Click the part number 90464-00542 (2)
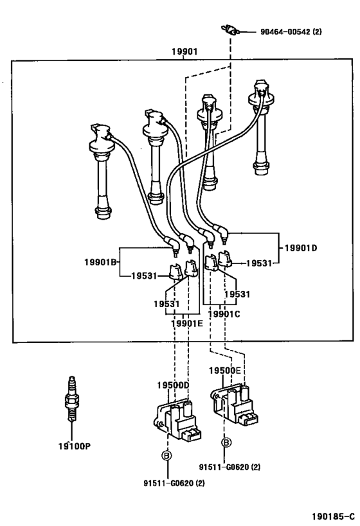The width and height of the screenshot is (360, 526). click(x=291, y=32)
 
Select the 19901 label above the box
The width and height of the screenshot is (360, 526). click(x=184, y=51)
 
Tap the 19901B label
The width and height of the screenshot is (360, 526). click(x=100, y=262)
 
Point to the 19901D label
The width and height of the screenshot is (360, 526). click(x=301, y=248)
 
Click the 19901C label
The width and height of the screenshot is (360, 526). click(x=224, y=314)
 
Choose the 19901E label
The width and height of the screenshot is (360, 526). click(x=187, y=324)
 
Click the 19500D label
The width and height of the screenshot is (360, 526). click(x=174, y=385)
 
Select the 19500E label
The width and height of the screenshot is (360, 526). click(x=224, y=371)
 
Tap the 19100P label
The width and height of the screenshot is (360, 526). click(x=74, y=446)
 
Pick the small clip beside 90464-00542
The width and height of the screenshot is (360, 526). click(x=230, y=30)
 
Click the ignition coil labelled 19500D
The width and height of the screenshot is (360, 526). click(x=177, y=419)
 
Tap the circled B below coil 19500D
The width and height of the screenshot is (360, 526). click(x=166, y=455)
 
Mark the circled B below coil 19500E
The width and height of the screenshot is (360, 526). click(x=226, y=443)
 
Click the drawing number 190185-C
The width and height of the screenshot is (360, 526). click(x=333, y=516)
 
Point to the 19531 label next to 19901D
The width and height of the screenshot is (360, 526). click(x=258, y=263)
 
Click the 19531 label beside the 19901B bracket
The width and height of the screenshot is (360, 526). click(x=144, y=276)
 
